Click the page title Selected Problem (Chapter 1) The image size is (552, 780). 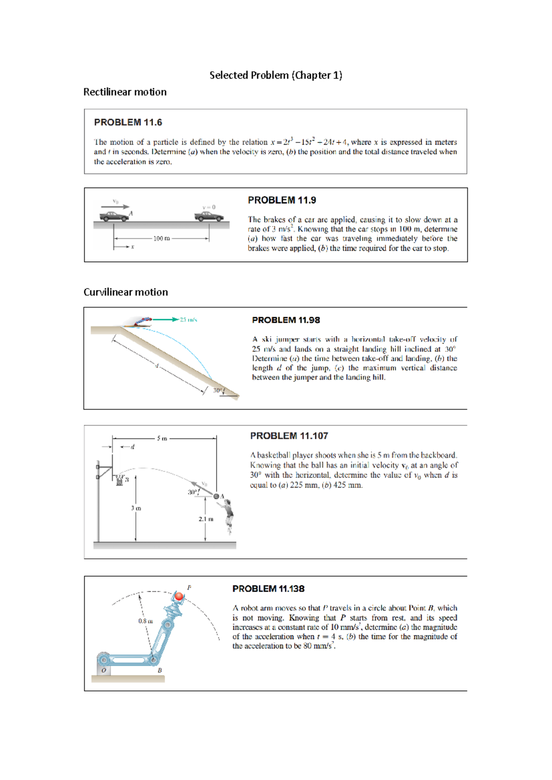point(276,75)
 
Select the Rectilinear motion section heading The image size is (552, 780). point(125,92)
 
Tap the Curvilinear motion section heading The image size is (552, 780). point(126,292)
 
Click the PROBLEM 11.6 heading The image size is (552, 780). point(128,122)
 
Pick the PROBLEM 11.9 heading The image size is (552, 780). point(282,200)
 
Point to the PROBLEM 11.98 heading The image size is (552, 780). point(286,320)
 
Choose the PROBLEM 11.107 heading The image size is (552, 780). point(289,436)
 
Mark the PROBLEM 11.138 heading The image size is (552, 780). point(268,589)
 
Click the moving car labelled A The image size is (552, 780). point(114,216)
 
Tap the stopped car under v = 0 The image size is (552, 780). point(209,216)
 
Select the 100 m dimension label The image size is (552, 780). point(161,238)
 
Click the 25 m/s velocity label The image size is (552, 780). point(188,320)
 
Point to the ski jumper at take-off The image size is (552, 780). point(141,321)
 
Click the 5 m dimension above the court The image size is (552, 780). point(162,438)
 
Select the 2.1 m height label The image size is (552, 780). point(206,519)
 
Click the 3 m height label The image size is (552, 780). point(136,508)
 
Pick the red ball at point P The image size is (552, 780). point(179,596)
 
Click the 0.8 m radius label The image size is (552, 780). point(145,621)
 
